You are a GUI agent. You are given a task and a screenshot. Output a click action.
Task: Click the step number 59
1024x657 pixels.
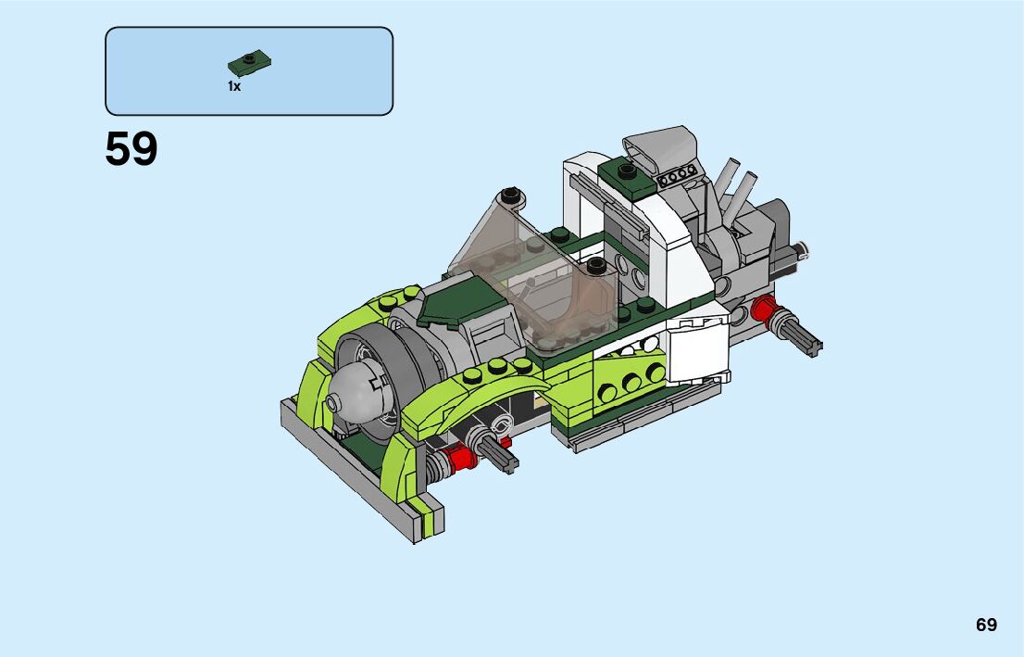point(131,149)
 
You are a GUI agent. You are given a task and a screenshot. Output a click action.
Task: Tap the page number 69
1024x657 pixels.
point(986,625)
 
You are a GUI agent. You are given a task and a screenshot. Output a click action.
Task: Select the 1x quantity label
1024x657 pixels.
point(234,86)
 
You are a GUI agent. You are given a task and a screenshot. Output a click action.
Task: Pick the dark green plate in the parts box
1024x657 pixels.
point(249,64)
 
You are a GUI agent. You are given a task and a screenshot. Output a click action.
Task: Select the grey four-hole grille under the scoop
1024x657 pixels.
point(677,175)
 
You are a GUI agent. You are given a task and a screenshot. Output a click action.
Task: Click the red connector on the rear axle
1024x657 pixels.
point(763,309)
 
